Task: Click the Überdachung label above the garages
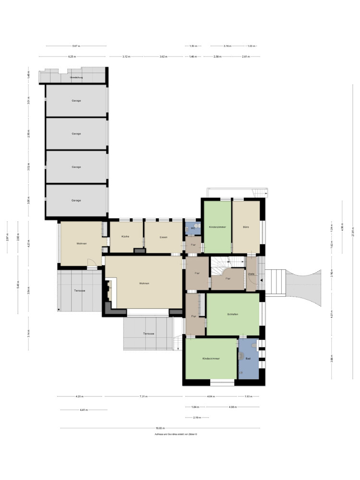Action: pyautogui.click(x=76, y=77)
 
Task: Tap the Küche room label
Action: pyautogui.click(x=125, y=237)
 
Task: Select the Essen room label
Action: pyautogui.click(x=164, y=237)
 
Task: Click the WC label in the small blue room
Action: pyautogui.click(x=192, y=228)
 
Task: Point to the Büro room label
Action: pyautogui.click(x=246, y=227)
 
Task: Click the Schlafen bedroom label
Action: pyautogui.click(x=233, y=314)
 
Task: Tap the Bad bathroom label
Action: pyautogui.click(x=248, y=358)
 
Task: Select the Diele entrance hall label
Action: pyautogui.click(x=251, y=274)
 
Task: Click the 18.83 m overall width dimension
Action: pyautogui.click(x=159, y=428)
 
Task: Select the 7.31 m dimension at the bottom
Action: pyautogui.click(x=144, y=396)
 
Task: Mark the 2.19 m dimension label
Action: pyautogui.click(x=196, y=418)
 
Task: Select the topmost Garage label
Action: pyautogui.click(x=76, y=101)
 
